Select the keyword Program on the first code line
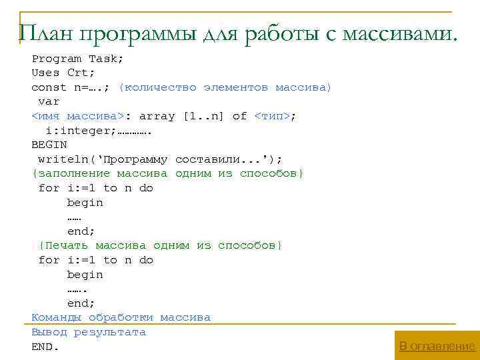point(57,59)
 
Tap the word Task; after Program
point(107,59)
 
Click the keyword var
point(49,102)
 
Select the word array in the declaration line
point(157,116)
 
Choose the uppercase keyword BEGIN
point(49,145)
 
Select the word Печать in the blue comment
point(67,245)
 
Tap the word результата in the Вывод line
point(110,332)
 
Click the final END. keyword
point(45,347)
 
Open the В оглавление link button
point(437,346)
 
